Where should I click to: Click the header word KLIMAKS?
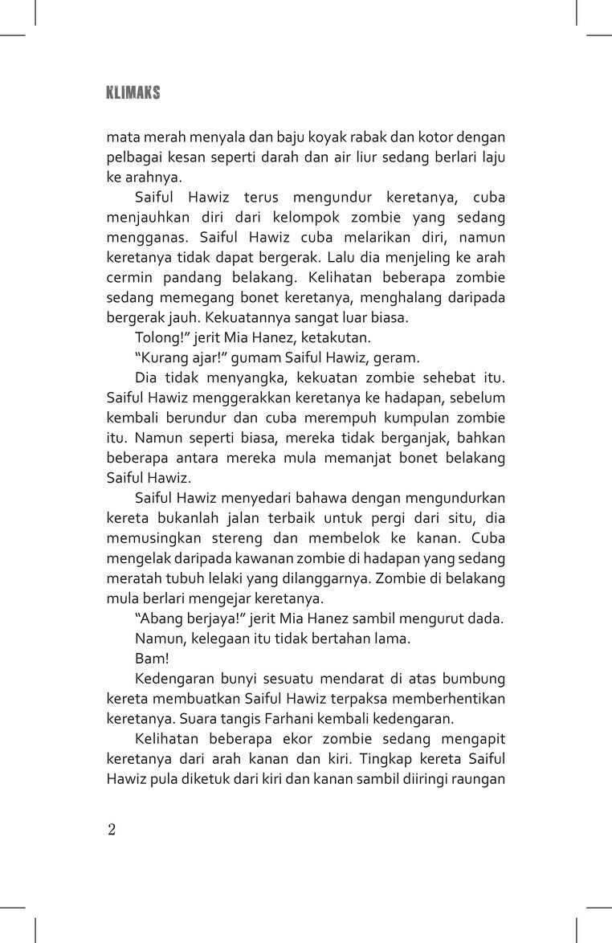[133, 93]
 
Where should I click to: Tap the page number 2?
[112, 830]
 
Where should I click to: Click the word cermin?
[129, 277]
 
